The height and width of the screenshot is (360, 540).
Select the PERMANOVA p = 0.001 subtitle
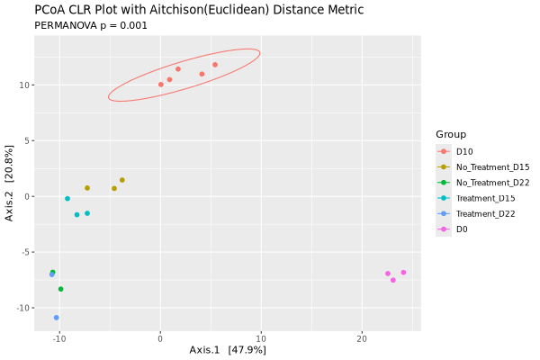[x=91, y=26]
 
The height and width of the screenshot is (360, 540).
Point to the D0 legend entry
[x=462, y=229]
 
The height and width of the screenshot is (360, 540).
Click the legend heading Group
[x=451, y=134]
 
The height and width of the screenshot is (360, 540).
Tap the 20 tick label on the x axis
[x=362, y=338]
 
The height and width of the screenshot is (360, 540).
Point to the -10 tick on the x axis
[x=59, y=338]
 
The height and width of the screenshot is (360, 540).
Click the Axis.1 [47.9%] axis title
[x=228, y=350]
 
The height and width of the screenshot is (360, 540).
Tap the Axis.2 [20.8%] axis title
[x=9, y=182]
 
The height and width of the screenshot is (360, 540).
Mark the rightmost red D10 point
[x=215, y=65]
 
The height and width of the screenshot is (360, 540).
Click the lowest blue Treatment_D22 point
[x=56, y=318]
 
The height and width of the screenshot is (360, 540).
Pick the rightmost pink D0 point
[x=403, y=272]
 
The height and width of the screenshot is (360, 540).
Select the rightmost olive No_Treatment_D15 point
[x=122, y=180]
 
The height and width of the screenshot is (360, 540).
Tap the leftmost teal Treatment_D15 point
[x=67, y=199]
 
